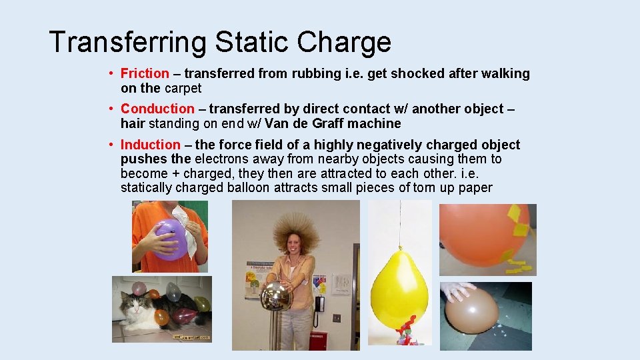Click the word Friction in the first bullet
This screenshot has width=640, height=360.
tap(145, 74)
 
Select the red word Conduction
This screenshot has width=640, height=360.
tap(157, 109)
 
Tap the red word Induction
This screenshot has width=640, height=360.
tap(150, 145)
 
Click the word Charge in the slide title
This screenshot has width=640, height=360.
tap(344, 42)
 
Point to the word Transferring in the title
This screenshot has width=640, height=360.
tap(128, 42)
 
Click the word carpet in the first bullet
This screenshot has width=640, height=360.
tap(183, 88)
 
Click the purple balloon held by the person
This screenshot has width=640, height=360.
tap(170, 239)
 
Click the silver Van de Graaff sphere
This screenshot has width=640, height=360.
tap(275, 297)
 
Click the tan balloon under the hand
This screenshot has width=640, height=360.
tap(471, 311)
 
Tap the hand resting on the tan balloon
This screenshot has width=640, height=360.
tap(460, 291)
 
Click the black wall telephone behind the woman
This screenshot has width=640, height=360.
tap(319, 304)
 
